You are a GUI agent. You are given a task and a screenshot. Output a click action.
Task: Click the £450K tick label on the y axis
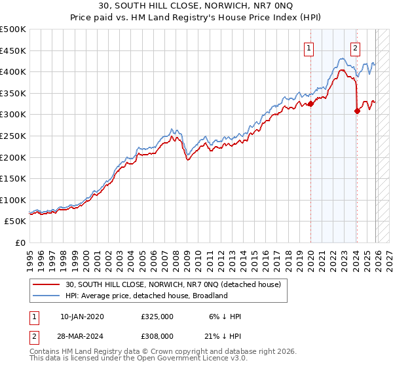13,50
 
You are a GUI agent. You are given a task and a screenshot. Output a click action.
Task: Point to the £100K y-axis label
13,200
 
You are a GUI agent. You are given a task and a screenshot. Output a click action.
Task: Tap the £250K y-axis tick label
13,136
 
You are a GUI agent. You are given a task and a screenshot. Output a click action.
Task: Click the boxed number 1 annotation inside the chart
309,47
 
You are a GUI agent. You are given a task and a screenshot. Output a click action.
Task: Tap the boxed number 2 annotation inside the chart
355,47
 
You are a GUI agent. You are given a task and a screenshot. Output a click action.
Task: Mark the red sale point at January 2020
310,104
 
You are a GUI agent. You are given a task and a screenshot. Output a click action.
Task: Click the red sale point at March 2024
357,111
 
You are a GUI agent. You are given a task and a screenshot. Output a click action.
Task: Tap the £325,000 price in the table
157,317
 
